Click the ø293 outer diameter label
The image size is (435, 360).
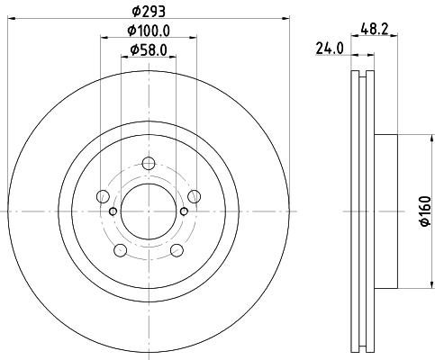pyautogui.click(x=148, y=12)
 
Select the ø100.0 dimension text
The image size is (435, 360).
pyautogui.click(x=149, y=32)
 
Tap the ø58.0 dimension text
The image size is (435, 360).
pyautogui.click(x=149, y=50)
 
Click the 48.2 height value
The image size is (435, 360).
pyautogui.click(x=375, y=29)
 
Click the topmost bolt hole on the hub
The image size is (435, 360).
pyautogui.click(x=149, y=164)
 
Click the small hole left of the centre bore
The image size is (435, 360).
pyautogui.click(x=112, y=211)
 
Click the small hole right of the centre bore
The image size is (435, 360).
pyautogui.click(x=185, y=211)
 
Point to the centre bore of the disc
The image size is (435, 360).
pyautogui.click(x=149, y=211)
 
